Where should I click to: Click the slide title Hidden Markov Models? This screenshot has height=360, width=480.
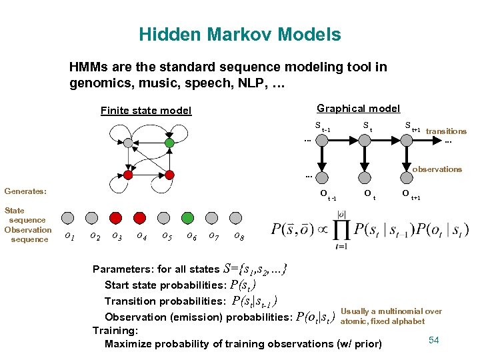click(x=239, y=35)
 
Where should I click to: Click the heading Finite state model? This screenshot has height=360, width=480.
click(x=145, y=111)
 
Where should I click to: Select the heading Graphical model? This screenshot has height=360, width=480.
click(x=358, y=108)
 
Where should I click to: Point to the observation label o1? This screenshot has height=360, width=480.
click(x=68, y=235)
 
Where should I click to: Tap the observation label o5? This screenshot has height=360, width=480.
click(x=167, y=235)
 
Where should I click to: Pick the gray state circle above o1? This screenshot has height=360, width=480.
click(x=67, y=217)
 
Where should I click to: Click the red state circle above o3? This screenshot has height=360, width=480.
click(x=115, y=217)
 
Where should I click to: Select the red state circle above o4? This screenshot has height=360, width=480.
click(x=139, y=217)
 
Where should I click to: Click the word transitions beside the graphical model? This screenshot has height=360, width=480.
click(x=446, y=131)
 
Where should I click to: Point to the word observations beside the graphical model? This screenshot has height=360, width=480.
click(x=437, y=169)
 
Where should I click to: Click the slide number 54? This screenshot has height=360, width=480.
click(x=433, y=341)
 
